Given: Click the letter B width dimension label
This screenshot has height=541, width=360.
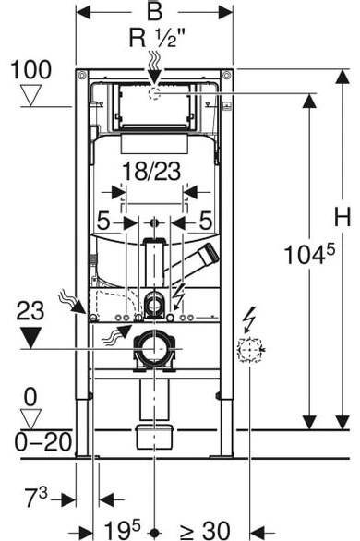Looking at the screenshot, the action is [x=154, y=11].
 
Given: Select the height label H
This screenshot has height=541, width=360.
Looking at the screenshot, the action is [x=342, y=217].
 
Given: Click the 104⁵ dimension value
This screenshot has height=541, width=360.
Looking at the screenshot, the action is [x=309, y=254].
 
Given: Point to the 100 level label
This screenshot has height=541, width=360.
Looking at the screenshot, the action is [x=31, y=69].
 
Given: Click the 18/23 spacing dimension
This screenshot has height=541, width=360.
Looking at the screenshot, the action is [x=151, y=172].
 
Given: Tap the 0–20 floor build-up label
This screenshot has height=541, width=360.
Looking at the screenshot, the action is [x=43, y=441].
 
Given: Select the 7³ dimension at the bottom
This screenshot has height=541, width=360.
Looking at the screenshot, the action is [x=36, y=498].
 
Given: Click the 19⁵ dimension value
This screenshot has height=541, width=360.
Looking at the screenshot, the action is [x=123, y=530].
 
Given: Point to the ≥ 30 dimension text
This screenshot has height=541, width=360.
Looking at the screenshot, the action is [x=205, y=530].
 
